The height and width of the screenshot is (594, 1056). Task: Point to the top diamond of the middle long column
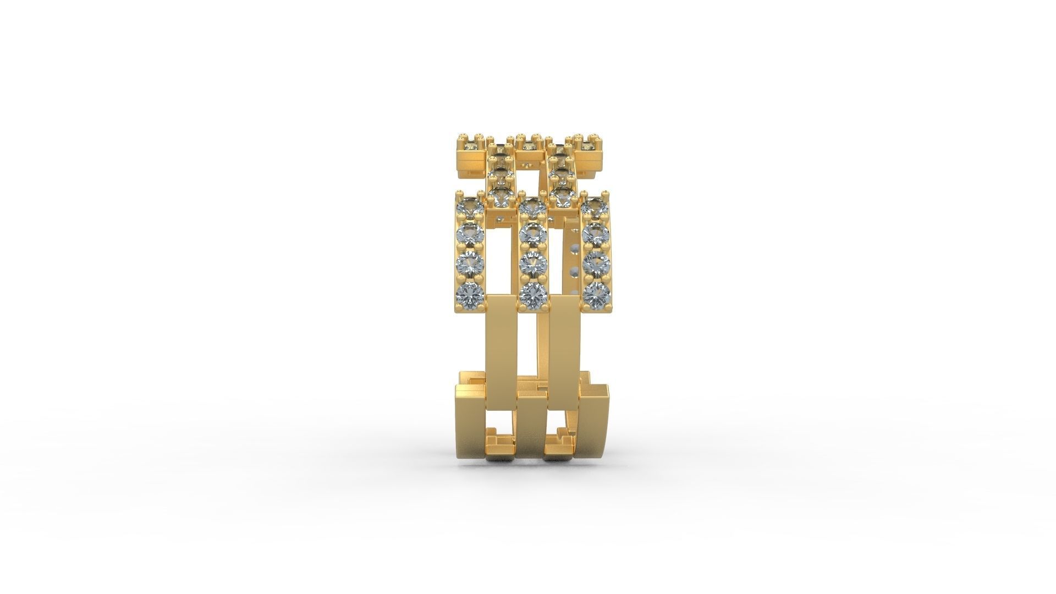532,208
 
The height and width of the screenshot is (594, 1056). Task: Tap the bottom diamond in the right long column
596,296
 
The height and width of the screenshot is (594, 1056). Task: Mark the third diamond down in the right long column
596,265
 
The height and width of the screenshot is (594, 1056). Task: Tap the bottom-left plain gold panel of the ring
471,429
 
